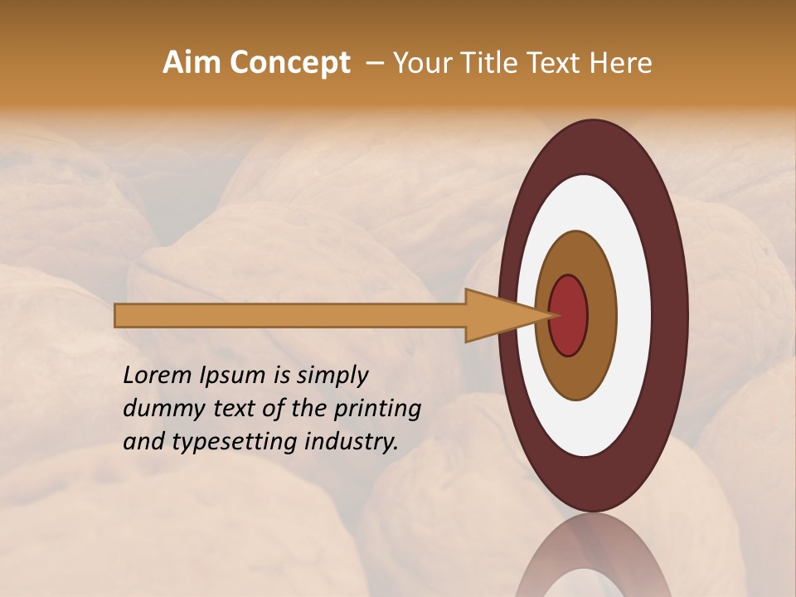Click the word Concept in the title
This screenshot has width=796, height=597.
291,63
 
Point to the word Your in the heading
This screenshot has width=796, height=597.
417,63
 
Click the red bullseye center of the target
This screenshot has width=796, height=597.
569,315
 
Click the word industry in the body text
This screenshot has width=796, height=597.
352,442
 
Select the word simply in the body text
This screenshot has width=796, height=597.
332,376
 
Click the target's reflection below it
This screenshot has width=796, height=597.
593,560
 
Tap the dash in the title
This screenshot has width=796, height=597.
375,63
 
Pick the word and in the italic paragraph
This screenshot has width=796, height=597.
142,442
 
